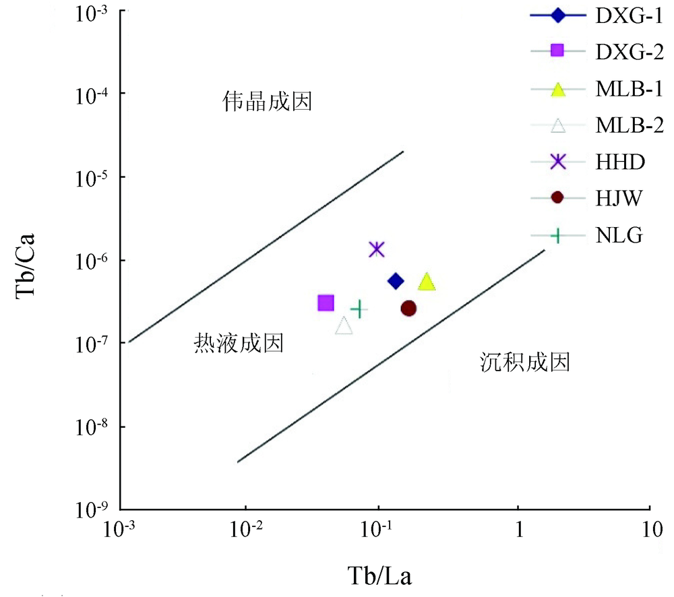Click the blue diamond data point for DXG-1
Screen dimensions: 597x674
(x=396, y=281)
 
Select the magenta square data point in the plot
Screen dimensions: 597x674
(x=326, y=303)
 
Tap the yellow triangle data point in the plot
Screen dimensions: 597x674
(x=427, y=282)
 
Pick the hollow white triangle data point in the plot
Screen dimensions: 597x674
(x=344, y=326)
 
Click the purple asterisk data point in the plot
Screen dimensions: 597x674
(x=377, y=249)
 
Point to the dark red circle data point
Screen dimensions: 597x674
(x=408, y=309)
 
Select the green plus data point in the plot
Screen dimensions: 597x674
(x=359, y=309)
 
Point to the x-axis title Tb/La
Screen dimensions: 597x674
(x=379, y=577)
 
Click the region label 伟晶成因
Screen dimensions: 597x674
(x=268, y=103)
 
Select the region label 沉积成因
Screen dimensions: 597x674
(x=526, y=363)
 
